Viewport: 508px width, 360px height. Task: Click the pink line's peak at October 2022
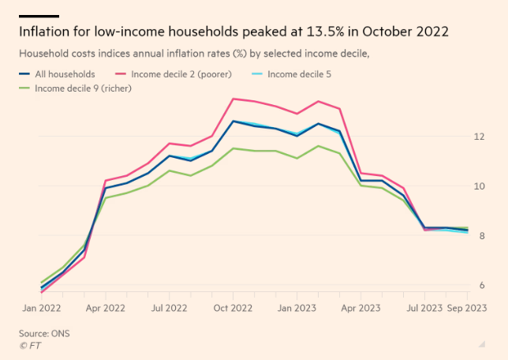[x=233, y=99]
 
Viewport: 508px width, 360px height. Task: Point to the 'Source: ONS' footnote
[x=44, y=333]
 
